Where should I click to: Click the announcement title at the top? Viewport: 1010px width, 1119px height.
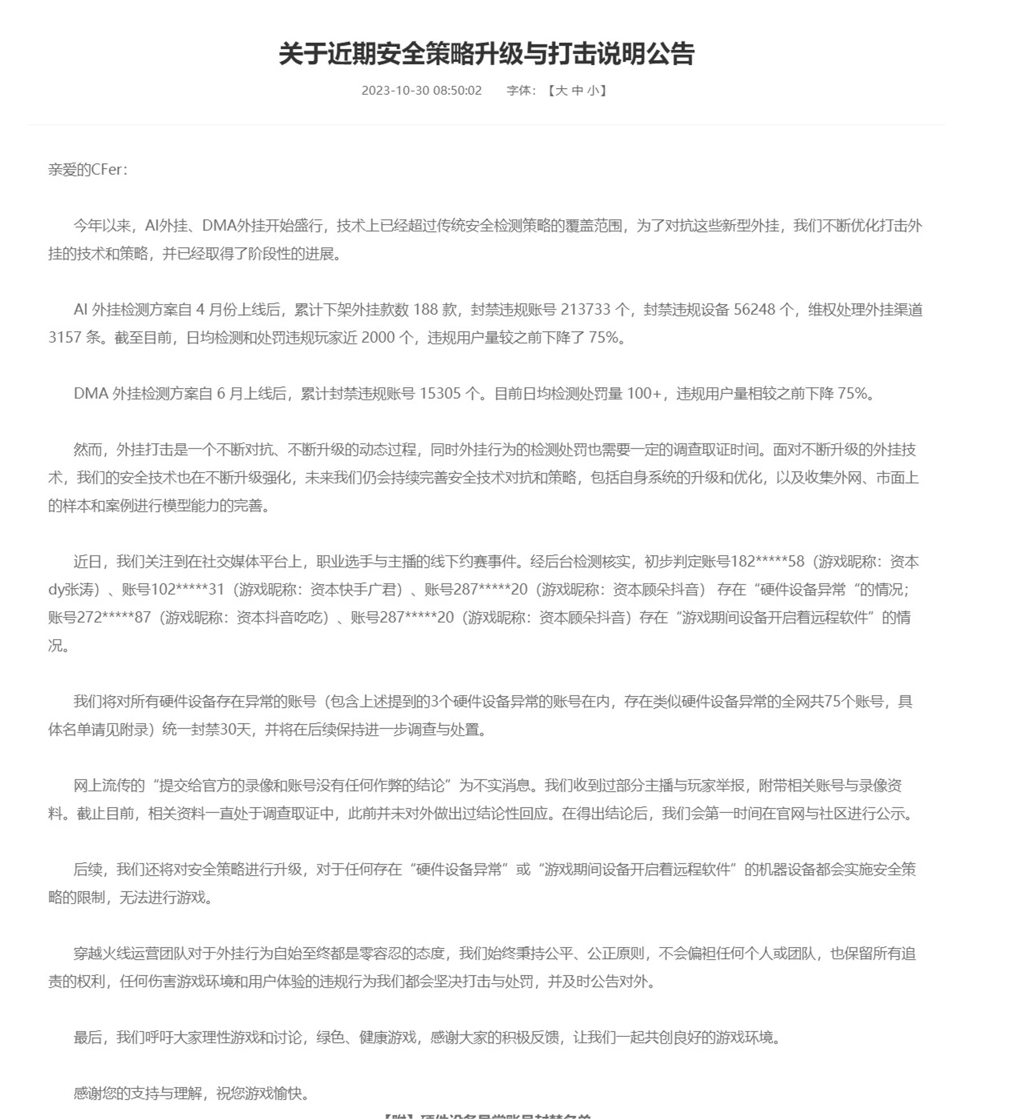coord(486,54)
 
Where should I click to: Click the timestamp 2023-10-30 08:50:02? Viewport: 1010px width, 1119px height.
coord(421,91)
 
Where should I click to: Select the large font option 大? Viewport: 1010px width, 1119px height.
coord(561,91)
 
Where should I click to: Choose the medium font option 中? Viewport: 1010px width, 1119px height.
coord(577,91)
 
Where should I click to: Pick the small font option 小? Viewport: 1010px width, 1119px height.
coord(593,91)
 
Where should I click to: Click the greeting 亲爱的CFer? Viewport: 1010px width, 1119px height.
coord(88,169)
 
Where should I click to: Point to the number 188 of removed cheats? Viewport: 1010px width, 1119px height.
coord(425,310)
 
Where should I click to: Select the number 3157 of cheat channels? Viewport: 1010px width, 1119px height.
coord(65,338)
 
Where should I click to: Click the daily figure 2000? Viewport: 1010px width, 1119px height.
coord(378,338)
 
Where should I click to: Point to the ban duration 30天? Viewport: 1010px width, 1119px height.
coord(235,730)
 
